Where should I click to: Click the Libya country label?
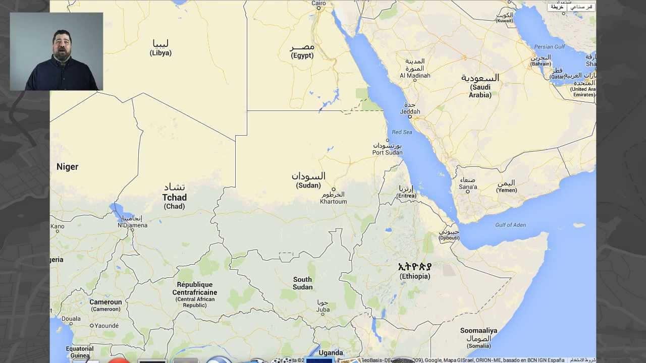point(160,48)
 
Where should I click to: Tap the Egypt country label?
point(302,51)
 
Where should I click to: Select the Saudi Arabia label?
point(480,86)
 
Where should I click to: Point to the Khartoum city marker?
point(333,190)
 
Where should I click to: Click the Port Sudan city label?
point(388,149)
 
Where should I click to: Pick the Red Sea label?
point(402,132)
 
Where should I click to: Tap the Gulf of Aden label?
point(510,225)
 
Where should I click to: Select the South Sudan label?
point(303,283)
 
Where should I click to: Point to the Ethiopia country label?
point(415,271)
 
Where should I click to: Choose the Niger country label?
point(67,167)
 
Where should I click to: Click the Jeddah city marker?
point(409,117)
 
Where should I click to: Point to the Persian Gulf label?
point(550,47)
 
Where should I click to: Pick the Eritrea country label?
point(406,192)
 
